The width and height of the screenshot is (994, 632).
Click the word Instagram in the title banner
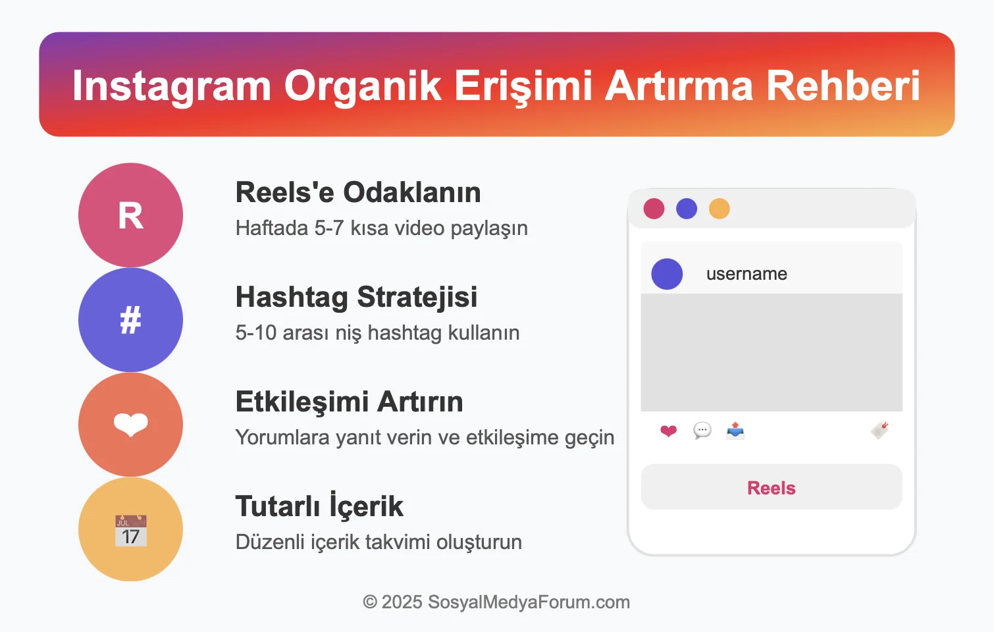click(171, 86)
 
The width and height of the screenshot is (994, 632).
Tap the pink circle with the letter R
click(130, 215)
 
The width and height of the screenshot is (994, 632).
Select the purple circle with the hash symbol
click(130, 320)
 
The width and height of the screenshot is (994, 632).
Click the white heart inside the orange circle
click(130, 425)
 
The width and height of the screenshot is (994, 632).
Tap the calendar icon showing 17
click(130, 531)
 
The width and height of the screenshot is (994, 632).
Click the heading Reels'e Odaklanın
click(358, 192)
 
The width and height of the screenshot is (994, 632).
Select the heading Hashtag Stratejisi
click(356, 297)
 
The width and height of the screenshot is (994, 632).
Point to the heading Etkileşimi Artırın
click(349, 402)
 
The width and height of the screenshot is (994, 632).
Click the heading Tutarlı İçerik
click(319, 506)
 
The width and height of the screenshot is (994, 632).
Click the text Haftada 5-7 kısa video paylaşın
click(381, 228)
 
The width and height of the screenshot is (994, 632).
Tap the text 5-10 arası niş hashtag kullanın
click(377, 332)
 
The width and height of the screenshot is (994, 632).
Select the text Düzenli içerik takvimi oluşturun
click(379, 542)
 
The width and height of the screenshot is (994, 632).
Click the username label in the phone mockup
click(746, 274)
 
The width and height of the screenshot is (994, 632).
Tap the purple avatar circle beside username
click(667, 274)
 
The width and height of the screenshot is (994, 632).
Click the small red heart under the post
click(668, 431)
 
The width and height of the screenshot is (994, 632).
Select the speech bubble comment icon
click(702, 431)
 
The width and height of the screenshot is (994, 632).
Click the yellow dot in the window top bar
click(719, 209)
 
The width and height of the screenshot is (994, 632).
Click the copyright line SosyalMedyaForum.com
click(496, 602)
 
